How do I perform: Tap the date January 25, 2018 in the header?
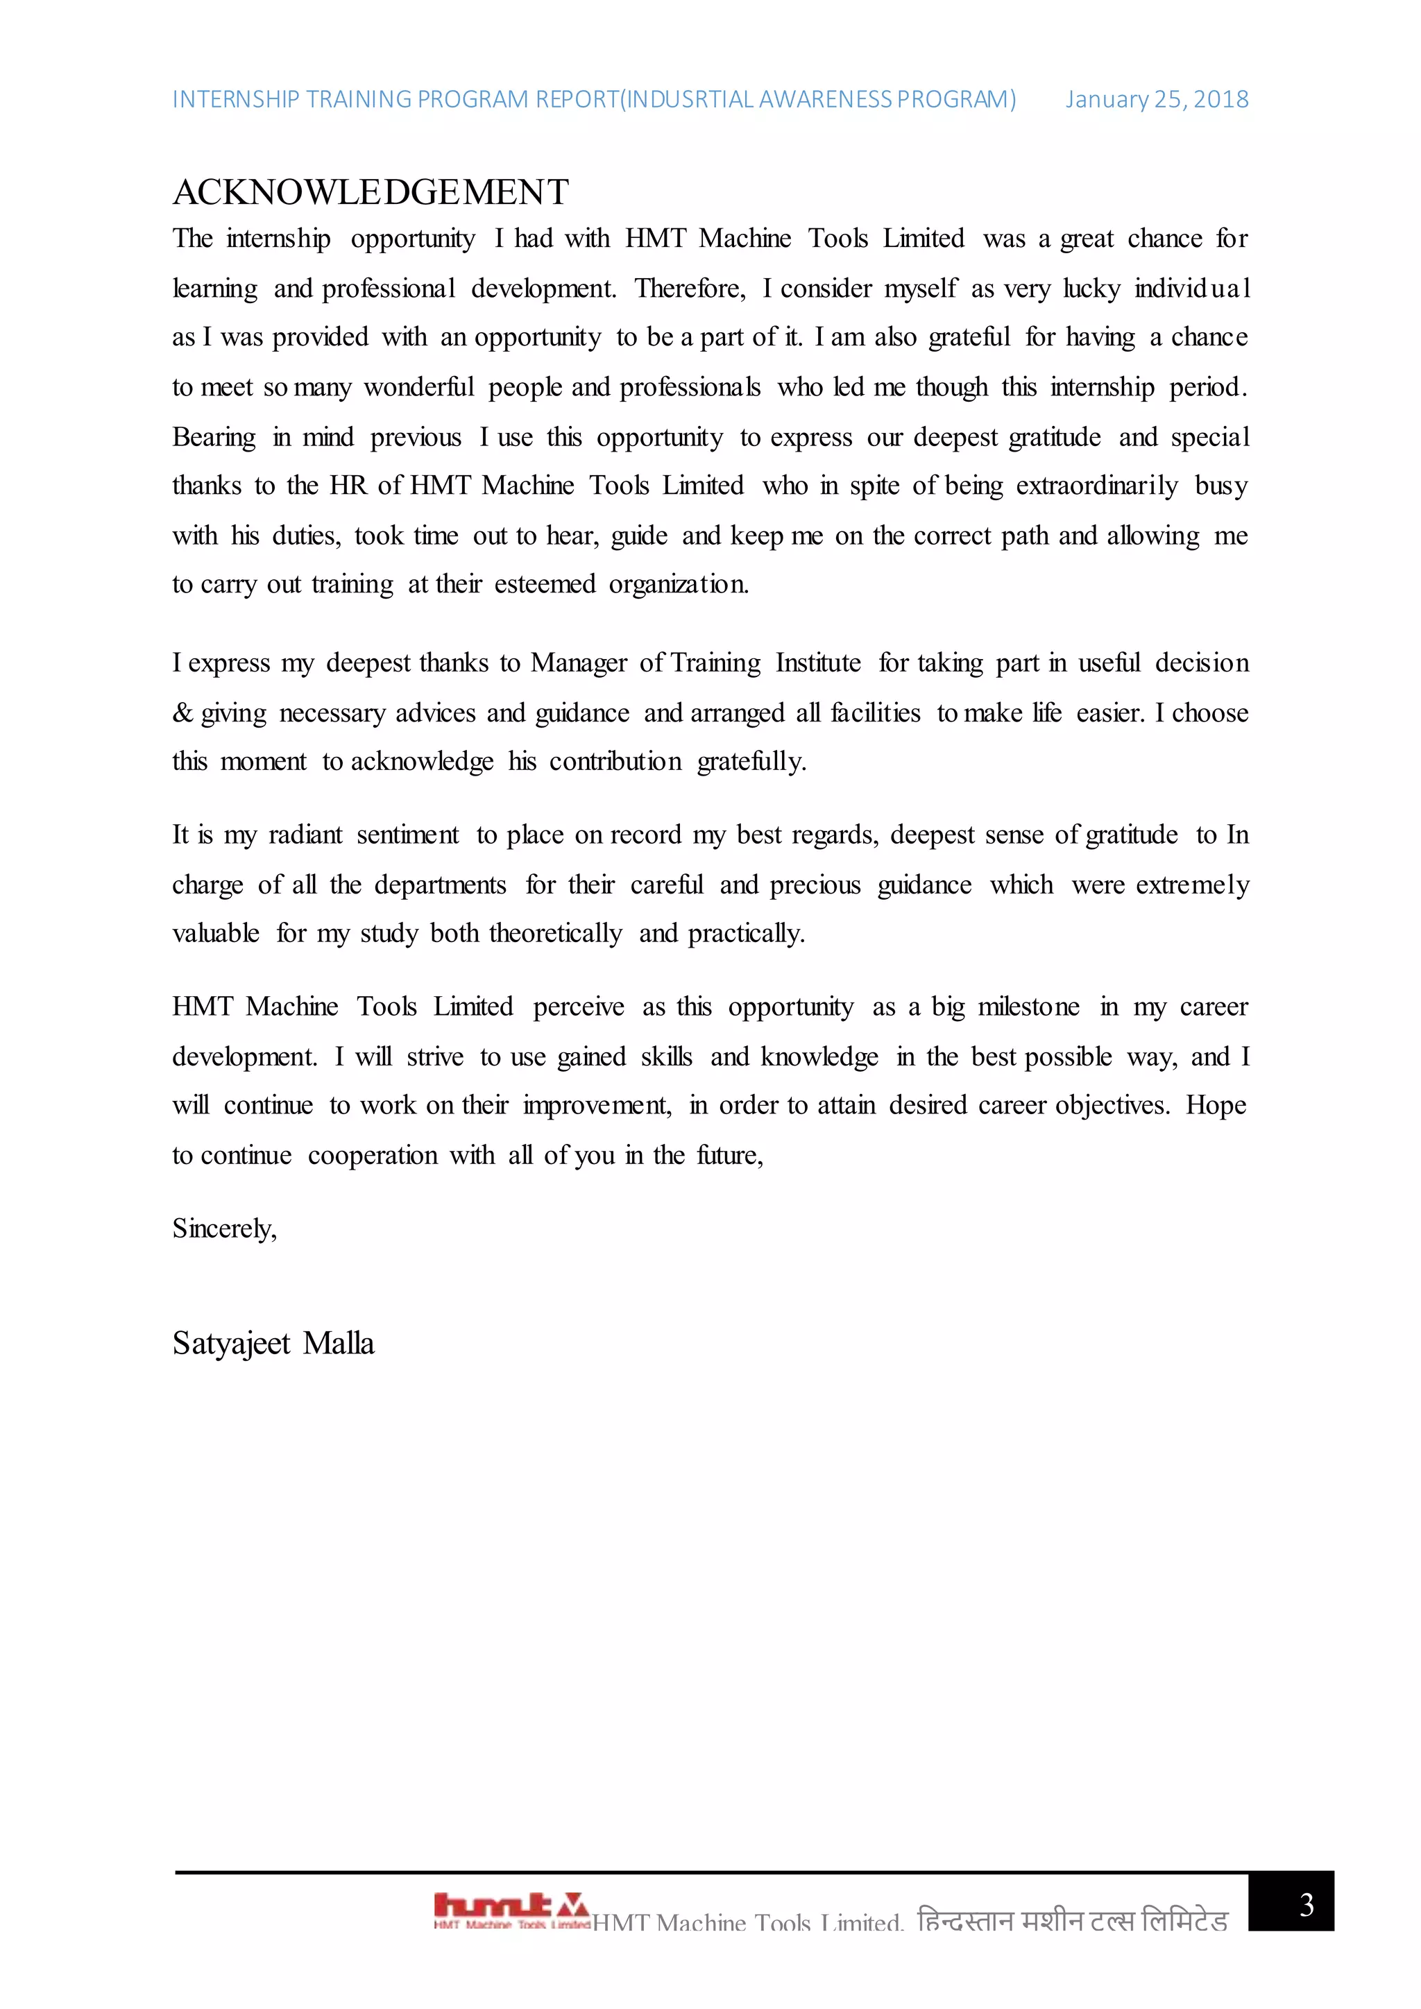pos(1156,100)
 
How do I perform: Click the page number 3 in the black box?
pos(1306,1904)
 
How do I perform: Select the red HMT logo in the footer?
pos(511,1909)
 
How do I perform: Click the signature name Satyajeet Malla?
pos(273,1343)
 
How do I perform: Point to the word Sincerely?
pos(224,1229)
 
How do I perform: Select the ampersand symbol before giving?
pos(182,713)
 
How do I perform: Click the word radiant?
pos(305,835)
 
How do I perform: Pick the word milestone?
pos(1028,1007)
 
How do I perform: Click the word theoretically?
pos(556,934)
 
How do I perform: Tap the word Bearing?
pos(214,436)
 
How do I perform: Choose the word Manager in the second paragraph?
pos(579,663)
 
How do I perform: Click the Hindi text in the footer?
pos(1072,1922)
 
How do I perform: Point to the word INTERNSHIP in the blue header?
pos(235,100)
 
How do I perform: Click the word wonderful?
pos(418,387)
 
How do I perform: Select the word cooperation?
pos(372,1156)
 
